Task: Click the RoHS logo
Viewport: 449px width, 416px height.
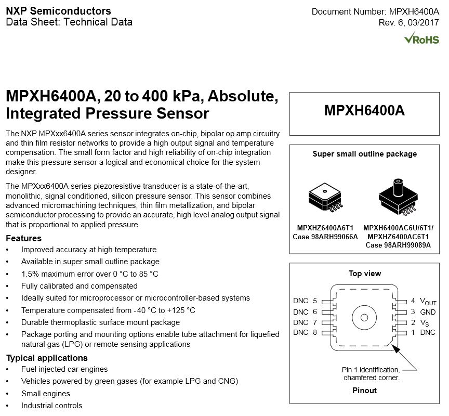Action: pos(421,39)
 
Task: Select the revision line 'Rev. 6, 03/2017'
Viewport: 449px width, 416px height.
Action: pos(409,22)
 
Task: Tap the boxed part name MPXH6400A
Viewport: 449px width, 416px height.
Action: pos(364,110)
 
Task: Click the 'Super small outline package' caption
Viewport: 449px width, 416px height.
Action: pos(364,154)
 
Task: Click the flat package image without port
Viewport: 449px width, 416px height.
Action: pos(325,198)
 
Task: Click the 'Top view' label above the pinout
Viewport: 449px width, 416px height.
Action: pos(364,274)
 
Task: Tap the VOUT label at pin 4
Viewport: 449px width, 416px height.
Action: pos(428,302)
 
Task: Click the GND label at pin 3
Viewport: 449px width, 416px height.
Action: pos(428,312)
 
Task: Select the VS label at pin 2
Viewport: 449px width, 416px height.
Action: pos(424,323)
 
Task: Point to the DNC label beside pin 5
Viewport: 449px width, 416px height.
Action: pos(301,301)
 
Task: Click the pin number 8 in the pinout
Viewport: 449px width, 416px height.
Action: pos(315,333)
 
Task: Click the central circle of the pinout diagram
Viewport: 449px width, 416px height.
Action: pos(363,317)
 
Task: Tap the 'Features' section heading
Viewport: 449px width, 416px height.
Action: pos(23,239)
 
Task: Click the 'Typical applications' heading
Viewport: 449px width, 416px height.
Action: pos(47,358)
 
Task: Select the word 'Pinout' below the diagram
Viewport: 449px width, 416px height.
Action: pos(364,391)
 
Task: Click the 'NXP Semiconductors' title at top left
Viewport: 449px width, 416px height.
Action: pos(58,11)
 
